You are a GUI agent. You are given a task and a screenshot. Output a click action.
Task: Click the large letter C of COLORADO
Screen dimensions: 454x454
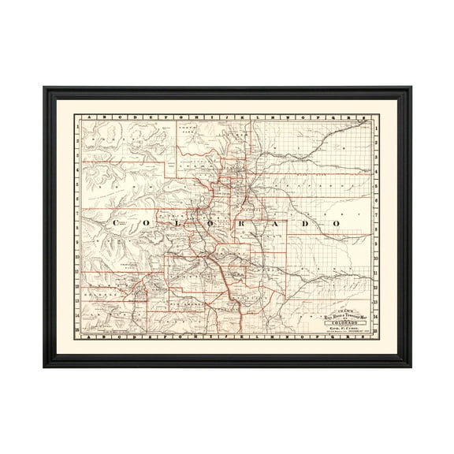117,224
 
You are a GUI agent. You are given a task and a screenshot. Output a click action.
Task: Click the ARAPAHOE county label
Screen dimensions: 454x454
315,189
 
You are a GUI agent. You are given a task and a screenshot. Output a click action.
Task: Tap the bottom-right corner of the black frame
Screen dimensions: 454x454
410,368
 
